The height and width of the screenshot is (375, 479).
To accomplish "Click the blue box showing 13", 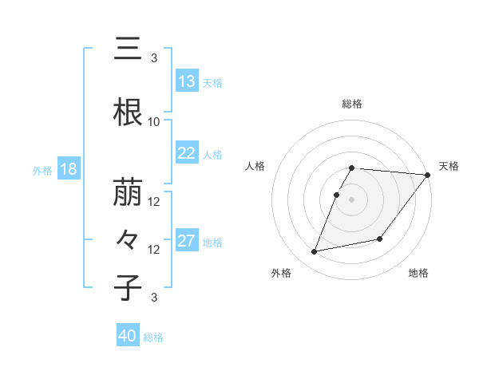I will (186, 82).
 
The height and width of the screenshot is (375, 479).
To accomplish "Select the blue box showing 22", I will (186, 154).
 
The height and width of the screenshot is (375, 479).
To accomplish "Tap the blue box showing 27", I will (186, 242).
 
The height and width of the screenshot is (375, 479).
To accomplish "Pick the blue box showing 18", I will (68, 170).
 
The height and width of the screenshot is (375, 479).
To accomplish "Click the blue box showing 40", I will (128, 337).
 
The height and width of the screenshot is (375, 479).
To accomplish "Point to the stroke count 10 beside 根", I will (154, 122).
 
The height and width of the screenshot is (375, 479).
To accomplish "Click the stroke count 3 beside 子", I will (154, 298).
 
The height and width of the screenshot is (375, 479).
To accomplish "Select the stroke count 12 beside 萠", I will (154, 202).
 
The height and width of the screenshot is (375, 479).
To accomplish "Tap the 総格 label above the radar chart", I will (352, 105).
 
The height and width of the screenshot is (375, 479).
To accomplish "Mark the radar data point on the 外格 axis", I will (315, 252).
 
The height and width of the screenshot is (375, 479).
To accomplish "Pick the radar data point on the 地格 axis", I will (381, 239).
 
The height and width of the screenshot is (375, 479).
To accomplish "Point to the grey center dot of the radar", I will (352, 199).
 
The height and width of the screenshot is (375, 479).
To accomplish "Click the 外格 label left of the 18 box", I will (42, 171).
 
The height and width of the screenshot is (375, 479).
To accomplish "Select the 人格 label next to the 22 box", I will (212, 155).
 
